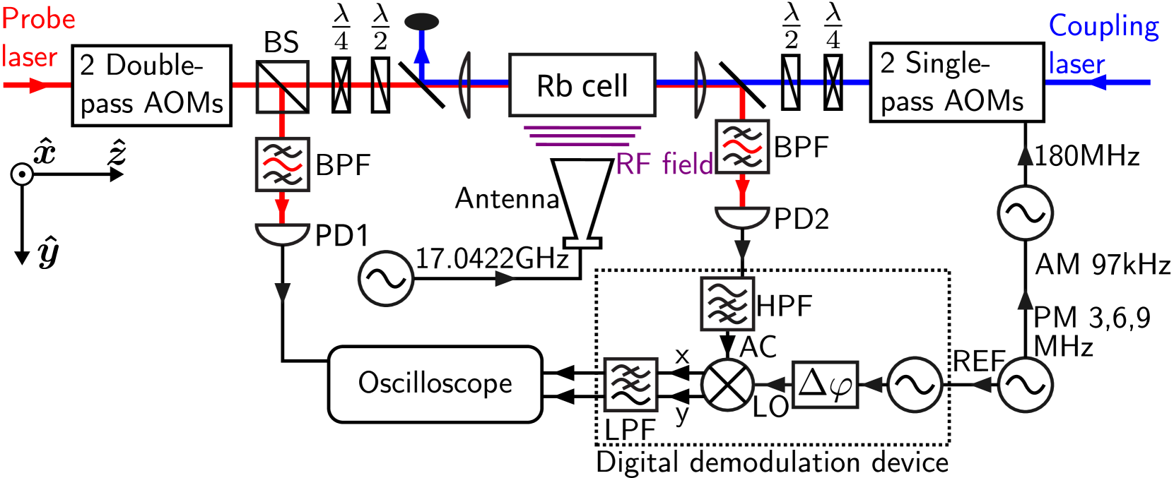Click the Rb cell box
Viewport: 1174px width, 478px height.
(x=582, y=85)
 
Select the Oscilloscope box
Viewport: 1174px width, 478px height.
(x=435, y=384)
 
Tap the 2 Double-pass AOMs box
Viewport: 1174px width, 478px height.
(x=151, y=85)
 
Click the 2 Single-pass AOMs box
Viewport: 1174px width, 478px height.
(x=956, y=83)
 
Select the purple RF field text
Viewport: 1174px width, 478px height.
(x=664, y=164)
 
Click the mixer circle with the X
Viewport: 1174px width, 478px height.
(x=727, y=385)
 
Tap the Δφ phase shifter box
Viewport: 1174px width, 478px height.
(x=825, y=385)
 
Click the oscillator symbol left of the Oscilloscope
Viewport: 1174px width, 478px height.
(x=385, y=279)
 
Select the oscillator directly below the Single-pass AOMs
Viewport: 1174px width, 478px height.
(x=1024, y=213)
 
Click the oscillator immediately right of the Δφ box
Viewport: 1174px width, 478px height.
(x=914, y=385)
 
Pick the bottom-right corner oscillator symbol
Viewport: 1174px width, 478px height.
(x=1024, y=385)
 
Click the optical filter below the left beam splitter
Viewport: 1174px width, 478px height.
(x=282, y=164)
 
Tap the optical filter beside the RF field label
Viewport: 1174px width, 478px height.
(x=742, y=147)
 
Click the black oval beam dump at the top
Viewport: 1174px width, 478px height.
(x=422, y=22)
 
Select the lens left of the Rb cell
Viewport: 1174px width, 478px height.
(x=464, y=84)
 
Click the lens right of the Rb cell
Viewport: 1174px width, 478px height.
(x=700, y=84)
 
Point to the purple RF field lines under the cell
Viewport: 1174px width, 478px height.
(x=582, y=136)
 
